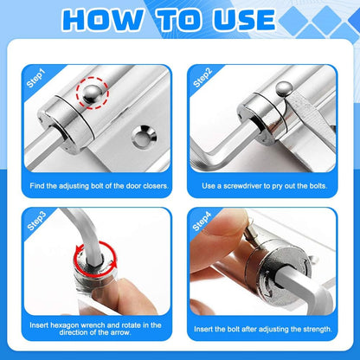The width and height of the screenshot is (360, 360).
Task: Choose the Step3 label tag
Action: [37, 224]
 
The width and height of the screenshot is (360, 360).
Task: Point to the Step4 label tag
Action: [202, 224]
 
